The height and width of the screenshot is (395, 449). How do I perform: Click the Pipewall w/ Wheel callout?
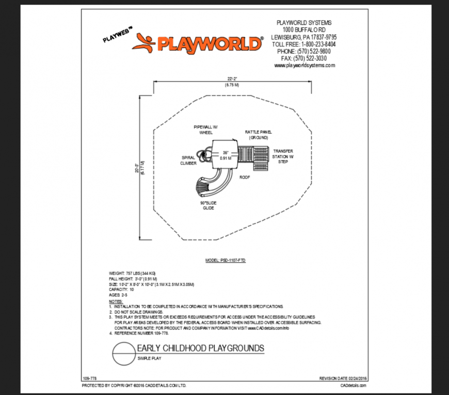coord(206,129)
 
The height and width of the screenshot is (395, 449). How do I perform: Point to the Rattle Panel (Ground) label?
coord(259,135)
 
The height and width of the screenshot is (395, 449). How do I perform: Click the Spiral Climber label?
coord(188,160)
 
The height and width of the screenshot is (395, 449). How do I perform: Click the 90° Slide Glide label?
coord(208,205)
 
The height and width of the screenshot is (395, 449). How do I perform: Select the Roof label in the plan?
coord(244,177)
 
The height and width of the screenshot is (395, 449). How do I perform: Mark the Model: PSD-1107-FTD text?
coord(226,261)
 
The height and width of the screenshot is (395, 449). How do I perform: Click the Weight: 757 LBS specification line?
coord(132,273)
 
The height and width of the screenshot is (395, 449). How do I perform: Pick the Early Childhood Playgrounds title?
coord(200,349)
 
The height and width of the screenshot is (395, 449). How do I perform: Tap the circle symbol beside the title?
coord(123,355)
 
